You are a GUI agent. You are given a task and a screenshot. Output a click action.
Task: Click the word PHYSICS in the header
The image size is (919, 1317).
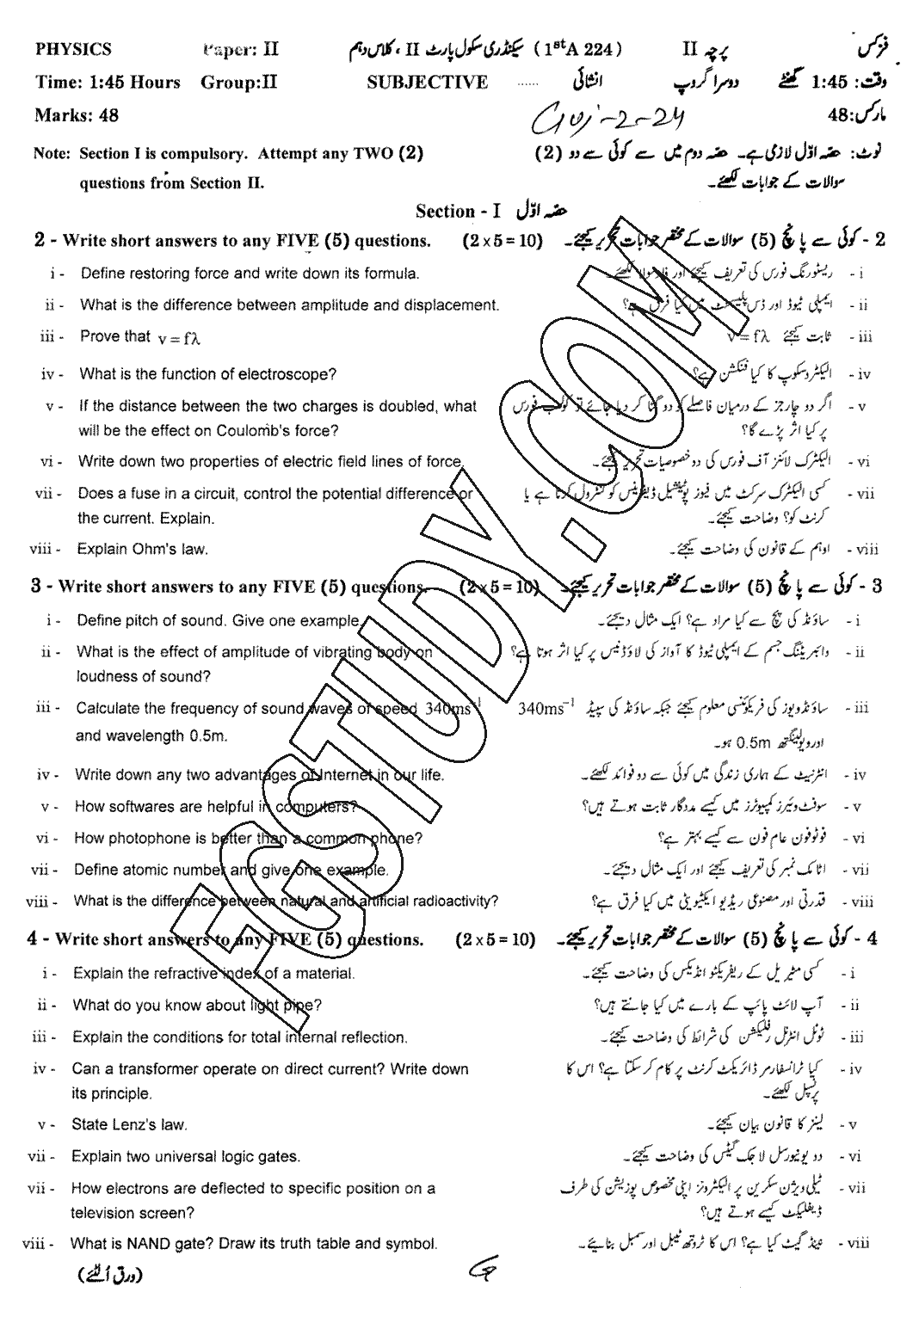73,50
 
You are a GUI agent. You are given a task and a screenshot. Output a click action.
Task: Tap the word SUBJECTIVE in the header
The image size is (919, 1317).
427,83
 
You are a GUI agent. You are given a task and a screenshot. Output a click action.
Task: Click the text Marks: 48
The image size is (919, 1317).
77,114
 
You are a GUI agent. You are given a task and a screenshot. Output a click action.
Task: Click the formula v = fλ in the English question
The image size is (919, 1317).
179,338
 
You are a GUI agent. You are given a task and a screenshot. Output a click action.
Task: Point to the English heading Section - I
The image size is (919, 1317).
458,212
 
